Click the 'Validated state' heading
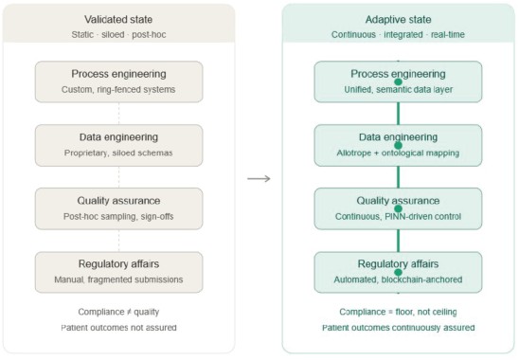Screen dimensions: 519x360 click(118, 20)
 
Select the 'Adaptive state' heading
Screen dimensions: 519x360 click(398, 20)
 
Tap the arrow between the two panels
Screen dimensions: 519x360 click(259, 179)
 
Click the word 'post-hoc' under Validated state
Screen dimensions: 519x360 click(149, 34)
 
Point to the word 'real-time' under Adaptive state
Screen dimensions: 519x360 click(448, 34)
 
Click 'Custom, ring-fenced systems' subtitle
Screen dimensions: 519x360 click(118, 89)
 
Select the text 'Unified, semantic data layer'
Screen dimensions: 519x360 click(398, 89)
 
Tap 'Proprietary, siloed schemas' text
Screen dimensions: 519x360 click(118, 153)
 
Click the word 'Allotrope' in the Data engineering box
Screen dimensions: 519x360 click(354, 153)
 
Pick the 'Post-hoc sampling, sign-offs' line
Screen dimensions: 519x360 click(118, 217)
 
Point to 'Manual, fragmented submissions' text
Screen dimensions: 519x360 click(118, 279)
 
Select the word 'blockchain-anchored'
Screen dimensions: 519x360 click(421, 279)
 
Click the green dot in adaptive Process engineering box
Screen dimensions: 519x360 click(398, 81)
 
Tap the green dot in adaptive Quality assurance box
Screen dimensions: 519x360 click(398, 208)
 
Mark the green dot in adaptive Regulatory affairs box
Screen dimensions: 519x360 click(398, 272)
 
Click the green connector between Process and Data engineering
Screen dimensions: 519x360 click(398, 114)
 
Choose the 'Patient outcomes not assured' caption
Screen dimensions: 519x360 click(118, 328)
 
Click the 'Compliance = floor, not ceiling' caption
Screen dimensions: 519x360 click(398, 312)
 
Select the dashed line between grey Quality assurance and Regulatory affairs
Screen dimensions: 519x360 click(118, 241)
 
